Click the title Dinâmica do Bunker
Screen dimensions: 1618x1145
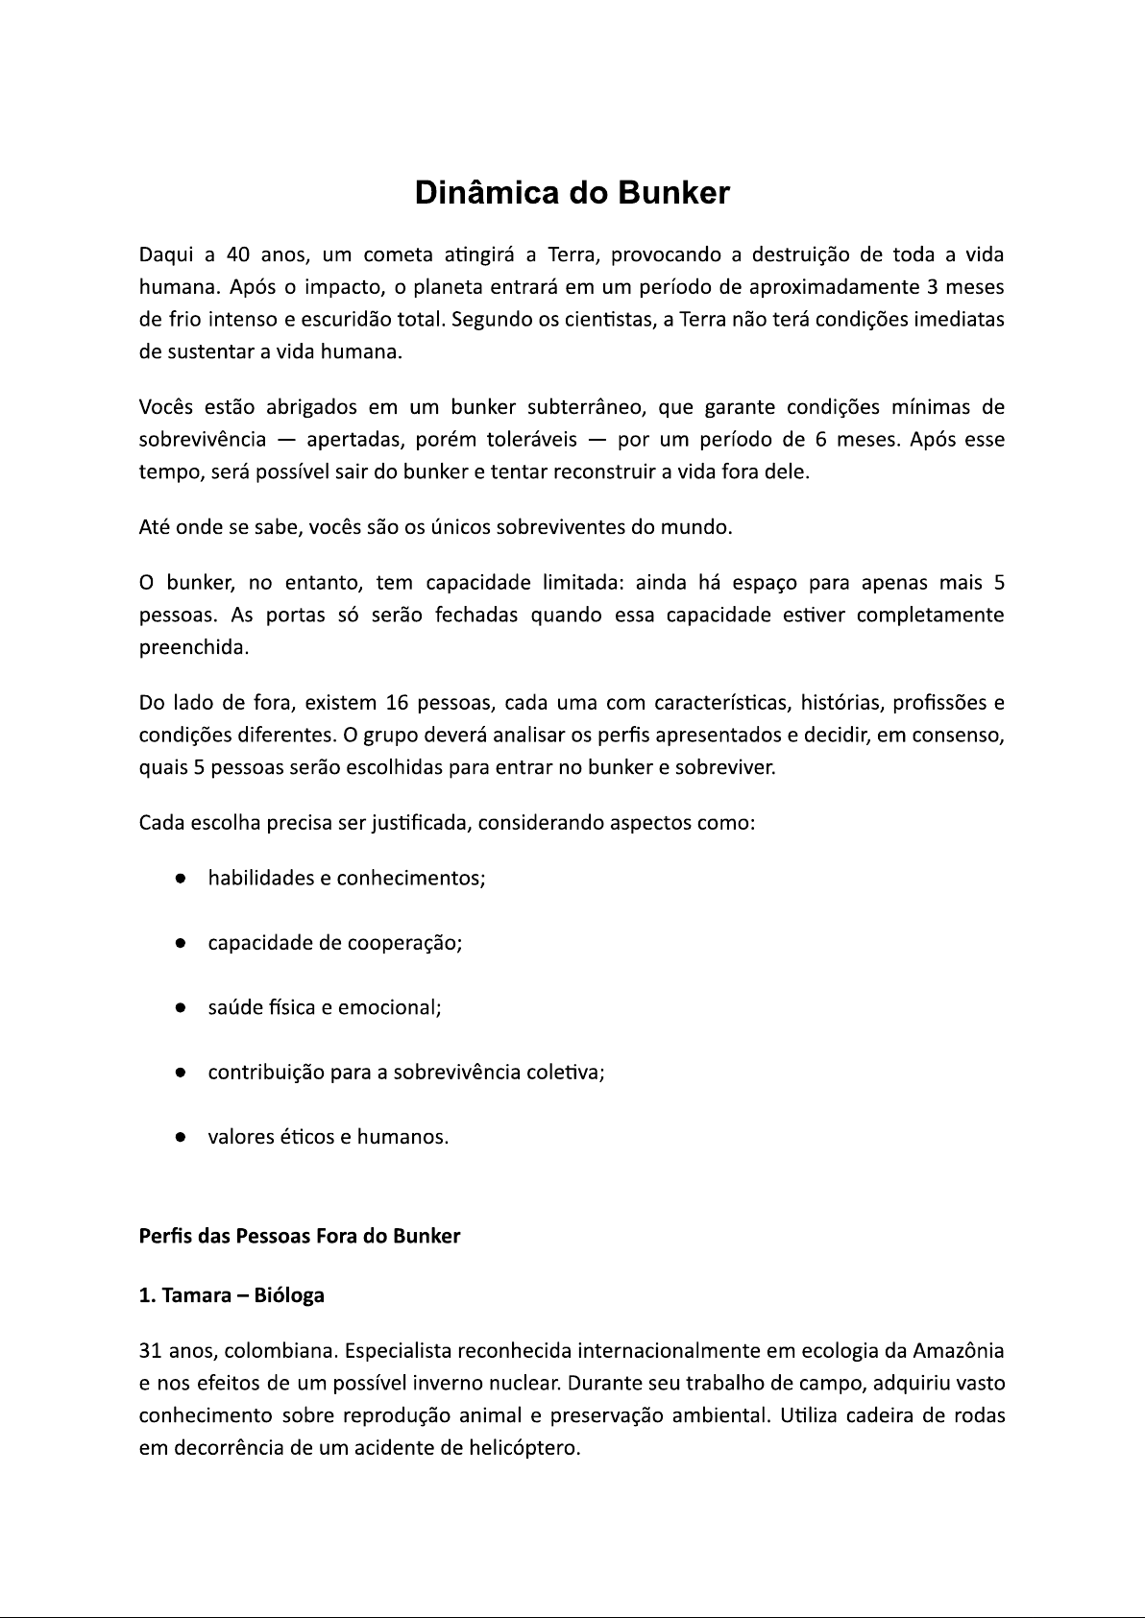[x=572, y=193]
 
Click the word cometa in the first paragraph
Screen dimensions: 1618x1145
[x=395, y=254]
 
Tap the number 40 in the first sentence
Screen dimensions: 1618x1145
[x=237, y=254]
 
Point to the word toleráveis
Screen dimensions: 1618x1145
[x=531, y=440]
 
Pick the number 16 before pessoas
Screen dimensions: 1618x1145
[x=397, y=703]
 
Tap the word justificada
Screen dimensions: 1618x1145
[x=418, y=823]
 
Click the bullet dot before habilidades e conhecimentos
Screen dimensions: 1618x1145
[x=180, y=879]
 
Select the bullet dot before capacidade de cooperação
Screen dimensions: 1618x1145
[x=180, y=943]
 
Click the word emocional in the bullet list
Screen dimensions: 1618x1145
[x=397, y=1007]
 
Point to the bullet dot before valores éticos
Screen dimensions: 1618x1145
[x=180, y=1137]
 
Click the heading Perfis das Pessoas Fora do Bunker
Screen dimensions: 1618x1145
[x=300, y=1236]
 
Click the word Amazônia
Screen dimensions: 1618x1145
[x=958, y=1351]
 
